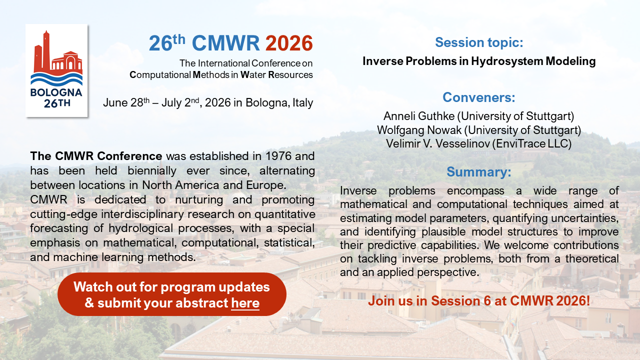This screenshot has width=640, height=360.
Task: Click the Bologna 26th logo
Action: pyautogui.click(x=56, y=70)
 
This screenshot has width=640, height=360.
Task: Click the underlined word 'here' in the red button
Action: pyautogui.click(x=245, y=303)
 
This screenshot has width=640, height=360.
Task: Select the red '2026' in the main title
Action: pyautogui.click(x=289, y=43)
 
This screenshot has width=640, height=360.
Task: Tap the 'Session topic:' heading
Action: pyautogui.click(x=479, y=42)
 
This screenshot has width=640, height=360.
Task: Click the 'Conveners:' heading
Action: pyautogui.click(x=479, y=97)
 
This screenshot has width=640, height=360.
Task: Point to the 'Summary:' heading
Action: pyautogui.click(x=479, y=172)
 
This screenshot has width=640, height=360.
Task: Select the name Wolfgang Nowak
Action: pyautogui.click(x=418, y=130)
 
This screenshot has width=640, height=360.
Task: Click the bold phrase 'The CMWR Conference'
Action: pyautogui.click(x=96, y=156)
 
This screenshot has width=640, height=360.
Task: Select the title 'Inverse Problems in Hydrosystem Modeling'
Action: pyautogui.click(x=479, y=61)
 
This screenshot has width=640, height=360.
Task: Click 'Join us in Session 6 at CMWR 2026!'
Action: pyautogui.click(x=479, y=301)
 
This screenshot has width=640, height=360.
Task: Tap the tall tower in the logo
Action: pyautogui.click(x=46, y=50)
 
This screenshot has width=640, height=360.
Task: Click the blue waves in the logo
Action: pyautogui.click(x=56, y=79)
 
